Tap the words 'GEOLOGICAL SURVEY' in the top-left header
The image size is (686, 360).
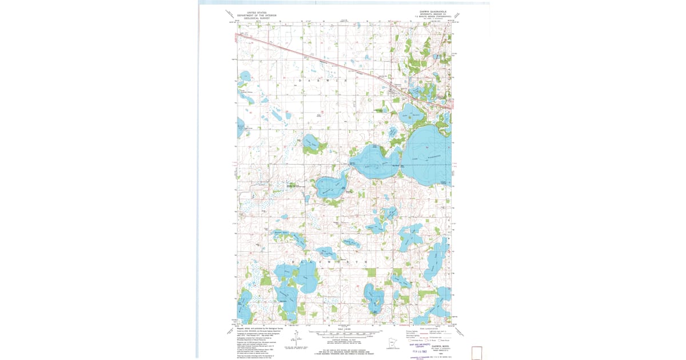click(256, 18)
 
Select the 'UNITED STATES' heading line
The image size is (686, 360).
click(256, 12)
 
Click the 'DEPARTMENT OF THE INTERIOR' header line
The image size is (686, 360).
click(256, 15)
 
